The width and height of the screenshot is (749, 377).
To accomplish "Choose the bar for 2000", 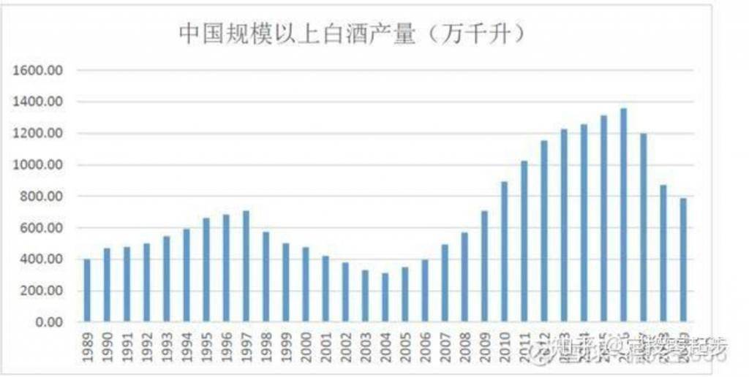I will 306,285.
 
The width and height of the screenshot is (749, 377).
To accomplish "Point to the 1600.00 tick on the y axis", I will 45,71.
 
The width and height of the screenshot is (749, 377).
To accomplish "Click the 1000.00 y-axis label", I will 45,165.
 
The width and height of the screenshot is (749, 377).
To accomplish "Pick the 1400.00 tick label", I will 45,102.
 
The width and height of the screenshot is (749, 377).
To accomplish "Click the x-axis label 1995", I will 208,343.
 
